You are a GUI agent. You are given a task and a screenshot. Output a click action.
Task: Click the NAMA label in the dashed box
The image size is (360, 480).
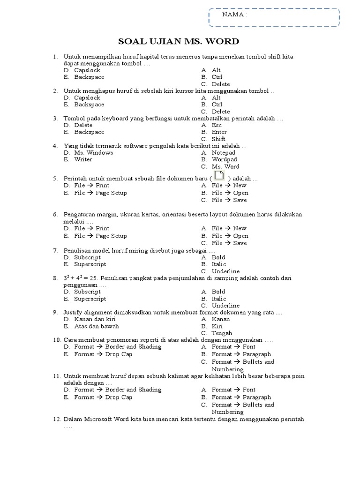tap(234, 15)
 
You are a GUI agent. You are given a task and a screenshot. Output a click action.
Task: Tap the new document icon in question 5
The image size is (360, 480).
tap(218, 176)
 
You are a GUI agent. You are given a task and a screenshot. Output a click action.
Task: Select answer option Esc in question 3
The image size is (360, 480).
tap(217, 125)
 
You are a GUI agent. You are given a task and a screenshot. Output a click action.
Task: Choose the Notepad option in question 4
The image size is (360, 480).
tap(224, 152)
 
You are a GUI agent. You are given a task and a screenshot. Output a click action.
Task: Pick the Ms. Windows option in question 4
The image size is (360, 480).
tap(93, 152)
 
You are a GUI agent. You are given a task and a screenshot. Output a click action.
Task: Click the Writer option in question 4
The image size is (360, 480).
tap(83, 159)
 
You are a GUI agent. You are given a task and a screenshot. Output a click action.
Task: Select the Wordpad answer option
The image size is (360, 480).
tap(225, 159)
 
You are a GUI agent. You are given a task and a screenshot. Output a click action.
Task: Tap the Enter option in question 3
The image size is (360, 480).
tap(219, 132)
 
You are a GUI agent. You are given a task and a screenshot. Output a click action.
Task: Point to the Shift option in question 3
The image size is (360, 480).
tap(218, 139)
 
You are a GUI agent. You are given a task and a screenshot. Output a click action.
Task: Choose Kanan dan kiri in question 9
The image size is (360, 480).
tap(95, 319)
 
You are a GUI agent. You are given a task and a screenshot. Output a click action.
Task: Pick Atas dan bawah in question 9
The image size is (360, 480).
tap(97, 326)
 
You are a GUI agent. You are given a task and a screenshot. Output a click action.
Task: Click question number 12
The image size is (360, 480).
tap(56, 419)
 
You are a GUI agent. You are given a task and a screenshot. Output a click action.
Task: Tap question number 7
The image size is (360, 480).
tap(55, 250)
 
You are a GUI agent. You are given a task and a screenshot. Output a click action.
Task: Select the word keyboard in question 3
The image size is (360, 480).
tap(107, 119)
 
